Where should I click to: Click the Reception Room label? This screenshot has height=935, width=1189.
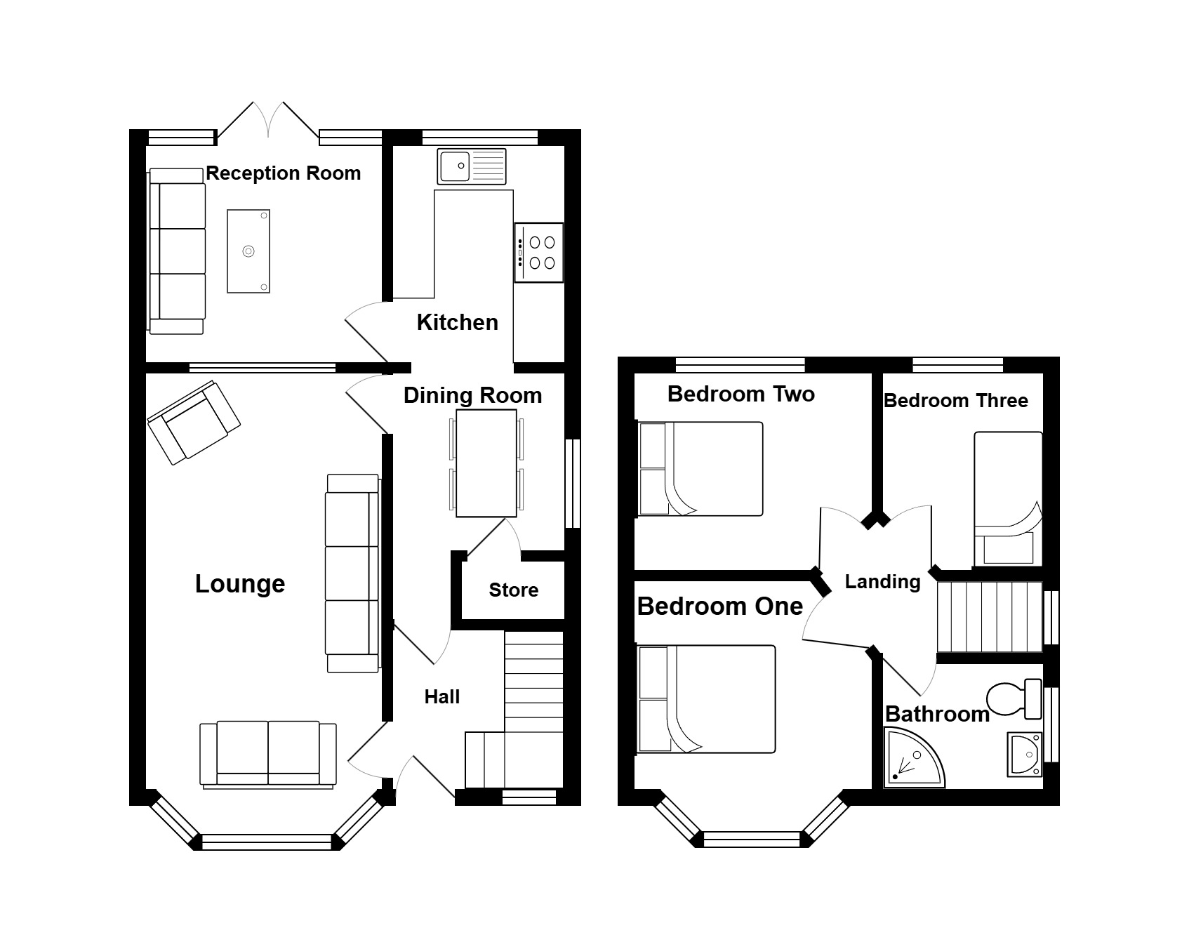click(x=283, y=173)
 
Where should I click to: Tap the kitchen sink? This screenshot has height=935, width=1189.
click(x=471, y=166)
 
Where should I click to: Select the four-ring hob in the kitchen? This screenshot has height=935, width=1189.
click(x=538, y=253)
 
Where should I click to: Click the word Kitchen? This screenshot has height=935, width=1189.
click(x=458, y=322)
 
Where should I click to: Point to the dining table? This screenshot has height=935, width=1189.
click(x=486, y=463)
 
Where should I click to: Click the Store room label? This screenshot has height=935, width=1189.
click(x=514, y=590)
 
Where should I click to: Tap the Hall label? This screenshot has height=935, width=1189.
click(x=442, y=697)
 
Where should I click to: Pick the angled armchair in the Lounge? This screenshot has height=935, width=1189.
click(x=194, y=422)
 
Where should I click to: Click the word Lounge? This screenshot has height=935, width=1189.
click(x=240, y=584)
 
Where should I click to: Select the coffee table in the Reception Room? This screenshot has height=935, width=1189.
click(x=248, y=251)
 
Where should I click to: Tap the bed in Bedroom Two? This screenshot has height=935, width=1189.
click(x=700, y=469)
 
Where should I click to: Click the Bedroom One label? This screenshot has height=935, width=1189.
click(x=720, y=606)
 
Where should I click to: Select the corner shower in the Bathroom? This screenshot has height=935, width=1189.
click(x=915, y=757)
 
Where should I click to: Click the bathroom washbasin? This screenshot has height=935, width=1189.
click(x=1025, y=755)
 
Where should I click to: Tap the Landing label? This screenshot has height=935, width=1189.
click(x=882, y=582)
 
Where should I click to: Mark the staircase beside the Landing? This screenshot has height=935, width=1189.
click(x=990, y=618)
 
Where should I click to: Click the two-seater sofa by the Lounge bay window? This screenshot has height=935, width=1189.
click(x=267, y=754)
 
